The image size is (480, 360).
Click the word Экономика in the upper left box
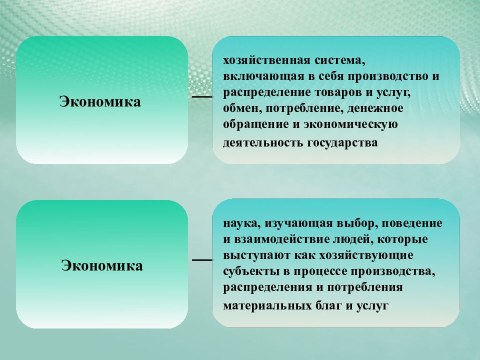point(100,101)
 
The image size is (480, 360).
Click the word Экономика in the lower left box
point(102,265)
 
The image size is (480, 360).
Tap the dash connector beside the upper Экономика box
point(202,96)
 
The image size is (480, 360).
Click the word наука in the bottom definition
point(238,224)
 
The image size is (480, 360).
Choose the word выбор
point(351,224)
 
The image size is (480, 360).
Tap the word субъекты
point(248,272)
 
